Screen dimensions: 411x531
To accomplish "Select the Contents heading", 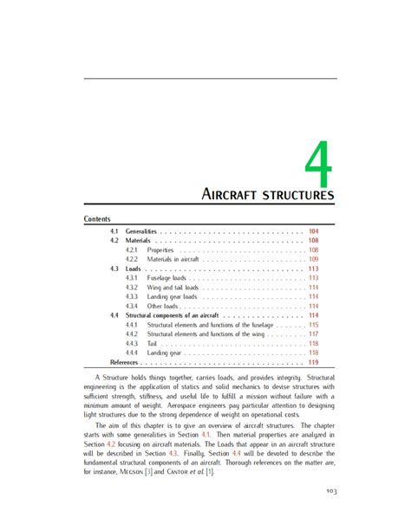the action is pyautogui.click(x=97, y=219).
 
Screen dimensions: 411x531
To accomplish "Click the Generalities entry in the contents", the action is pyautogui.click(x=140, y=231).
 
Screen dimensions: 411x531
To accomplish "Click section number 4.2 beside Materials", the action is pyautogui.click(x=114, y=241).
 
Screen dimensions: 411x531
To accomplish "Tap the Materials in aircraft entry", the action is pyautogui.click(x=174, y=259).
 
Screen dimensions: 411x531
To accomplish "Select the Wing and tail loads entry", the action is pyautogui.click(x=173, y=288).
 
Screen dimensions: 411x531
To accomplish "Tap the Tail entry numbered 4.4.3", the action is pyautogui.click(x=153, y=343).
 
